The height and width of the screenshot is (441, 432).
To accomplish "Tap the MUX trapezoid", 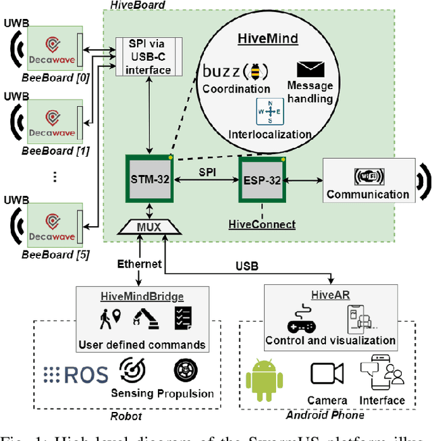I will [148, 227].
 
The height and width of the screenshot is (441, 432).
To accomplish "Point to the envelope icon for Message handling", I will [310, 69].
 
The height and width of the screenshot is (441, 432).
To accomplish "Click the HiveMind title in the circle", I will [268, 38].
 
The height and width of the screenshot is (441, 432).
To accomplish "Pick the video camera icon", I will [327, 373].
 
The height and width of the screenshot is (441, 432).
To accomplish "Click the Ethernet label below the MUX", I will [139, 264].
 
